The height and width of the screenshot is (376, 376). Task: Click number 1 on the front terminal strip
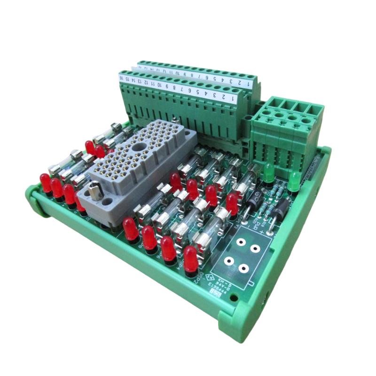(233, 99)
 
